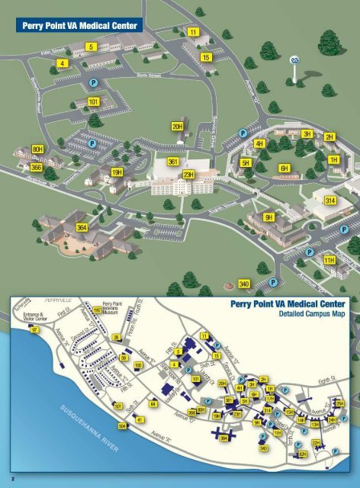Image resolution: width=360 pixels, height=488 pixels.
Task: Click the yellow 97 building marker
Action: (x=34, y=329)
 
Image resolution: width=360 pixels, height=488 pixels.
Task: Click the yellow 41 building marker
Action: (x=140, y=419)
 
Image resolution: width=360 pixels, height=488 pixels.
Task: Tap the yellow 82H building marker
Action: (x=302, y=454)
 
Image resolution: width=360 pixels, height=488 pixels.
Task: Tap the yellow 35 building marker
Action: (x=117, y=337)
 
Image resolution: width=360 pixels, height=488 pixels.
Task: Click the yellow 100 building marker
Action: (x=138, y=365)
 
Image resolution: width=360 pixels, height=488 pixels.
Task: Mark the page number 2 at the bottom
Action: (x=6, y=479)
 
